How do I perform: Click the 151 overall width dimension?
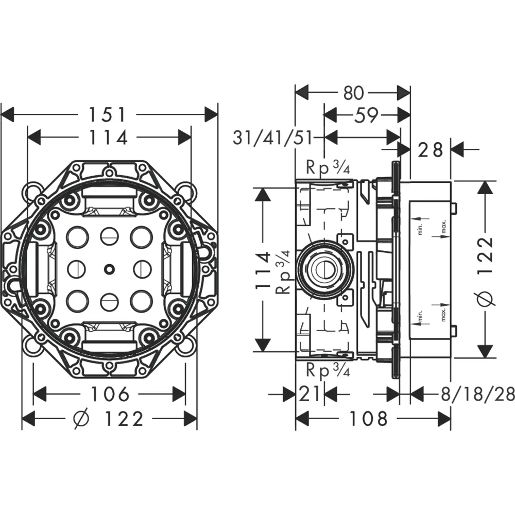click(109, 114)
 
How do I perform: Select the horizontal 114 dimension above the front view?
click(109, 138)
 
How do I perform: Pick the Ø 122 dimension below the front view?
click(109, 419)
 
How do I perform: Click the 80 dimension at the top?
click(353, 93)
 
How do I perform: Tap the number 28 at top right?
click(431, 150)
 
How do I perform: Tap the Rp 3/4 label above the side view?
click(328, 167)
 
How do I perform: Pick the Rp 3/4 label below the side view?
click(328, 369)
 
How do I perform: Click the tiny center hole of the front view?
click(109, 268)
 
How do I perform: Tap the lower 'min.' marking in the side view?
click(420, 315)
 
